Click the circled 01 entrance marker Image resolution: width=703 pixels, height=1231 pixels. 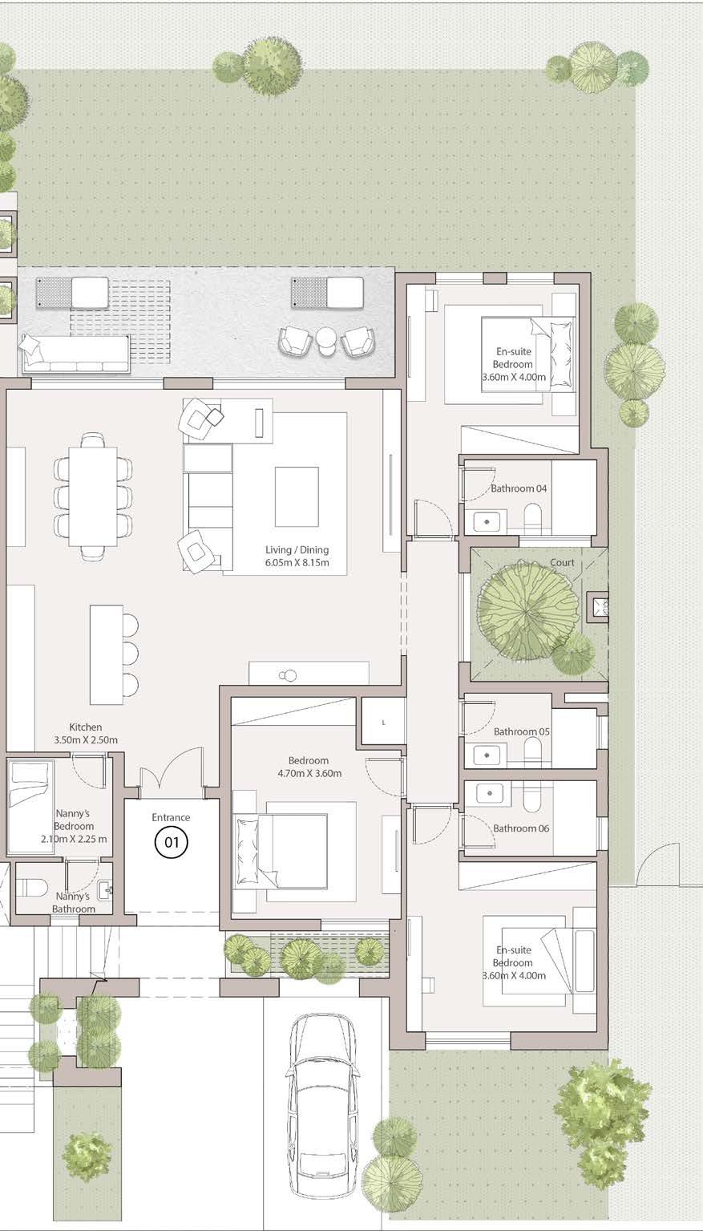pyautogui.click(x=172, y=841)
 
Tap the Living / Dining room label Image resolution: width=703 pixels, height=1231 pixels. pyautogui.click(x=297, y=549)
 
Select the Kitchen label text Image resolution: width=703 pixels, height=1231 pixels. pyautogui.click(x=86, y=727)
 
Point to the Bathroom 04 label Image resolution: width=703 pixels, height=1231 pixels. pyautogui.click(x=519, y=488)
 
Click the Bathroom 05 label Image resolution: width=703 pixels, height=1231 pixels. pyautogui.click(x=522, y=731)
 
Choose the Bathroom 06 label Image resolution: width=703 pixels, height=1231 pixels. pyautogui.click(x=521, y=828)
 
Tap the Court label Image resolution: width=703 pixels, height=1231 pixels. pyautogui.click(x=563, y=563)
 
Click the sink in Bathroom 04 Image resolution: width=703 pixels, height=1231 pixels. pyautogui.click(x=487, y=521)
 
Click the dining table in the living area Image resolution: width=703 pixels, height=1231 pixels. pyautogui.click(x=93, y=496)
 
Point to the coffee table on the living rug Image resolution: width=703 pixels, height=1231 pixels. pyautogui.click(x=297, y=496)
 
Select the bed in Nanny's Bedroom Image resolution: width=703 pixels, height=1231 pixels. pyautogui.click(x=30, y=806)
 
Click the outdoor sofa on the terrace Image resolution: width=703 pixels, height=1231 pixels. pyautogui.click(x=76, y=353)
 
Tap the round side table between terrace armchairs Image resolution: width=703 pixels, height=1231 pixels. pyautogui.click(x=325, y=338)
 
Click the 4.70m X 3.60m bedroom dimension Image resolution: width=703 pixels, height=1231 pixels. pyautogui.click(x=309, y=773)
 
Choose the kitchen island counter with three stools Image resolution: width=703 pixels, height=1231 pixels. pyautogui.click(x=107, y=654)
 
